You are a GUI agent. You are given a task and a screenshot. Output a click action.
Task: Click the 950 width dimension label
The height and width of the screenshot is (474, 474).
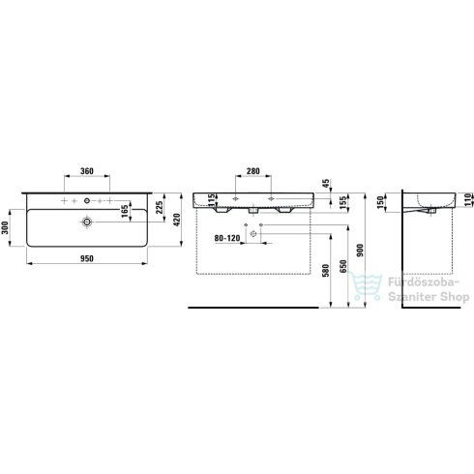(87, 258)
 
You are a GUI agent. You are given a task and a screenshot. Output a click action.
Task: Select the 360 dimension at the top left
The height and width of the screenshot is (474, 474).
(87, 171)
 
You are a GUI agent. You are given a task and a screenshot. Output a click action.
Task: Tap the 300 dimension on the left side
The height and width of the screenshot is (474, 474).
(5, 227)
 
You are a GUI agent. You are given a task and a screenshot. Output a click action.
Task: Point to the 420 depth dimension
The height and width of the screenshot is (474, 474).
(176, 220)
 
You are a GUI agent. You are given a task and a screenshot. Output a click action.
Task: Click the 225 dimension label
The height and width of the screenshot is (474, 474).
(160, 208)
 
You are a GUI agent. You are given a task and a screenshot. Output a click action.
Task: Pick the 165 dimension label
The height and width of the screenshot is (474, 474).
(125, 211)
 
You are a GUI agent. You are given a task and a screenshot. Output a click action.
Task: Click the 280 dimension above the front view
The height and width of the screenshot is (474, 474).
(253, 171)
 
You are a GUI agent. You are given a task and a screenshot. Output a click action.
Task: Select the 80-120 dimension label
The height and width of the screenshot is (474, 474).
(227, 238)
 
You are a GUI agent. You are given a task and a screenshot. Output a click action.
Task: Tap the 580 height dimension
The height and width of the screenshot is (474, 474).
(326, 270)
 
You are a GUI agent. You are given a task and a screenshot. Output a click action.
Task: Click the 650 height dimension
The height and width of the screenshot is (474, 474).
(343, 266)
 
